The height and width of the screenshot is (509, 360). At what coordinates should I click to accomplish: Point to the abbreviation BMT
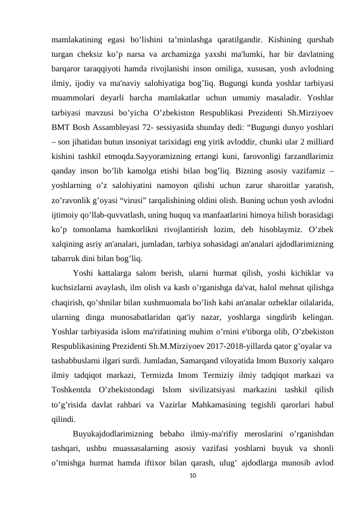61,127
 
